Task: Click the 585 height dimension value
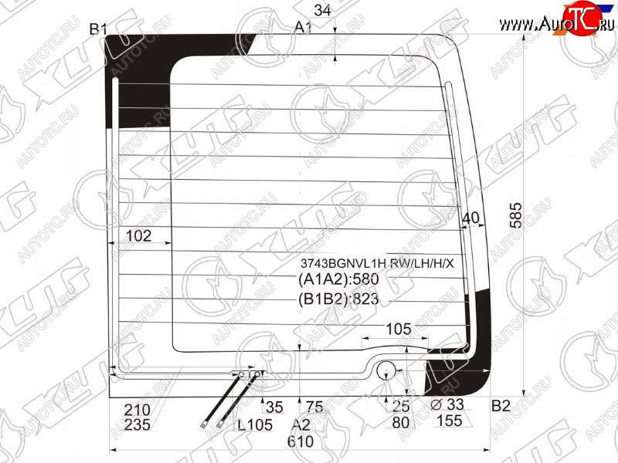pyautogui.click(x=515, y=215)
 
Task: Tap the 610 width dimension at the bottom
pyautogui.click(x=301, y=441)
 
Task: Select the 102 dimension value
pyautogui.click(x=138, y=236)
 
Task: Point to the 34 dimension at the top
pyautogui.click(x=323, y=10)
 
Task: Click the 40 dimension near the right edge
pyautogui.click(x=470, y=218)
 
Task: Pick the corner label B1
pyautogui.click(x=98, y=29)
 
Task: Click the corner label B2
pyautogui.click(x=501, y=406)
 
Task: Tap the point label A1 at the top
pyautogui.click(x=303, y=27)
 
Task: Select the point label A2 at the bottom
pyautogui.click(x=301, y=425)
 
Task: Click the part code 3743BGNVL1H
pyautogui.click(x=343, y=263)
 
